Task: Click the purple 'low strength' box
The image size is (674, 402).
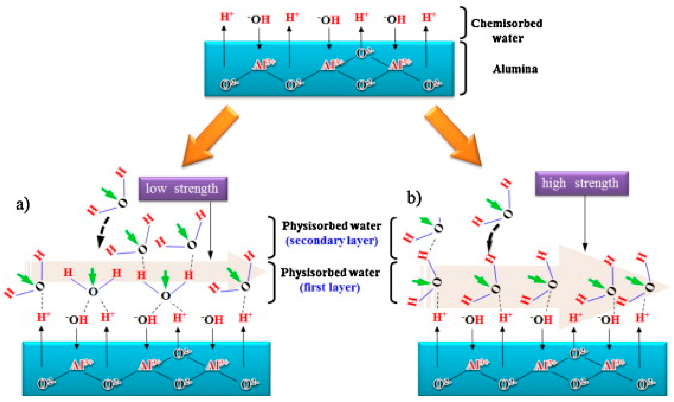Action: click(183, 189)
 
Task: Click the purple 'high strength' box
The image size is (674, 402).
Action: click(581, 183)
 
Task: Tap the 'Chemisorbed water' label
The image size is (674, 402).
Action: click(507, 30)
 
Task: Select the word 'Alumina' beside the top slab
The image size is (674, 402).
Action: click(515, 69)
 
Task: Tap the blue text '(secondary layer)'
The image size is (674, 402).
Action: click(332, 241)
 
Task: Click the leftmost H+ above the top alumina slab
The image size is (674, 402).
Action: click(226, 17)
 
